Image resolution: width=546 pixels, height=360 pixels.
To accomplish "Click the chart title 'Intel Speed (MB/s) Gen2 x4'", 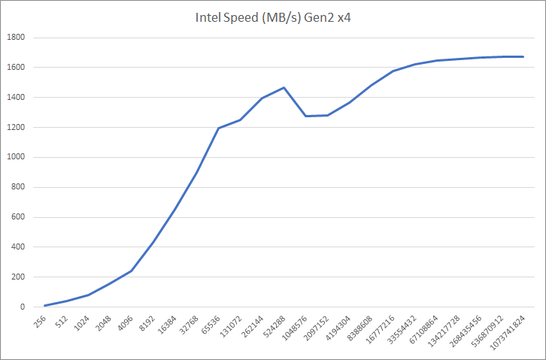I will pyautogui.click(x=272, y=18).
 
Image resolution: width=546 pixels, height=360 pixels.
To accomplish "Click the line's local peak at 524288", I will pyautogui.click(x=284, y=88).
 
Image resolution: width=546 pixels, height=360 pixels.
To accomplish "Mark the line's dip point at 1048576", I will pyautogui.click(x=305, y=116).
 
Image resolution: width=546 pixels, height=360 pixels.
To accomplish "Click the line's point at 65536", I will pyautogui.click(x=218, y=128).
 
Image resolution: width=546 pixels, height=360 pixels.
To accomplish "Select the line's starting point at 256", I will pyautogui.click(x=46, y=305).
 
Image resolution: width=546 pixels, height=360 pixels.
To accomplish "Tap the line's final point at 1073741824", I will pyautogui.click(x=523, y=56).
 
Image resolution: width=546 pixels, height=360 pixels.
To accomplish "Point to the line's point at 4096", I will pyautogui.click(x=132, y=271).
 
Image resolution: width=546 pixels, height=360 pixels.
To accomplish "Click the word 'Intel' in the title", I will pyautogui.click(x=207, y=18).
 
